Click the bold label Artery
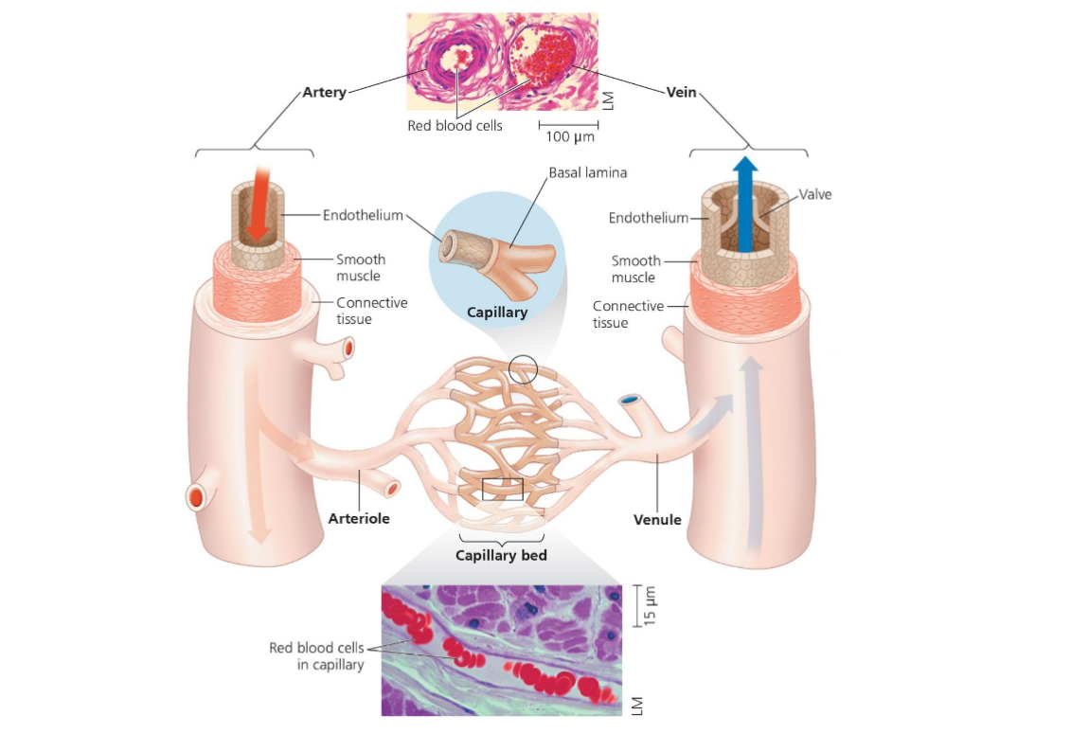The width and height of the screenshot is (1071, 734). (x=324, y=93)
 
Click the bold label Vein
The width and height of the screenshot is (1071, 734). (x=681, y=93)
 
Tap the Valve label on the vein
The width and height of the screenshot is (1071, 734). (x=815, y=194)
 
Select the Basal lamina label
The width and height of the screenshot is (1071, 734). (x=588, y=173)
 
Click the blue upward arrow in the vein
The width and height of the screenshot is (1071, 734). (x=746, y=204)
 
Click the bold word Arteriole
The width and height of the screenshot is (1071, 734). (x=359, y=518)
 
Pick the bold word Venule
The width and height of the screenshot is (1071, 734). (x=657, y=519)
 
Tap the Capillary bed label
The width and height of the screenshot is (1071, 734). (x=501, y=555)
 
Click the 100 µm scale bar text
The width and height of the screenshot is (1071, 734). (x=569, y=137)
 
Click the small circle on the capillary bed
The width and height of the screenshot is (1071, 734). (x=523, y=369)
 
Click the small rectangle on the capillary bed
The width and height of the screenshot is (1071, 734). (x=502, y=489)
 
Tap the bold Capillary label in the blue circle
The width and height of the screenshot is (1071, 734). (x=497, y=311)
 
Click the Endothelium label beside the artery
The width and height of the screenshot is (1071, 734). (x=363, y=215)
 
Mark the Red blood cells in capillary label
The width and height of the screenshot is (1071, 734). (x=316, y=655)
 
